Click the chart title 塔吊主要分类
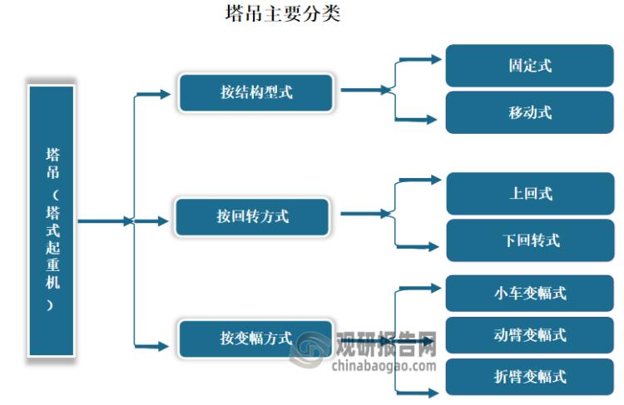(x=283, y=14)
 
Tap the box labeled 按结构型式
(x=256, y=92)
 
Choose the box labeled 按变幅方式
(x=255, y=338)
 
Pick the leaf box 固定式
(x=529, y=66)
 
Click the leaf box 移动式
(x=529, y=112)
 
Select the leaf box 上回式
(x=529, y=194)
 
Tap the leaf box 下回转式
(x=529, y=240)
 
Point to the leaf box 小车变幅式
(x=529, y=293)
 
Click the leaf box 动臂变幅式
(x=529, y=334)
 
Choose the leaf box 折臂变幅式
(x=529, y=376)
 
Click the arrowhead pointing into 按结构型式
(x=165, y=93)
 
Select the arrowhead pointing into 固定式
(x=435, y=59)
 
